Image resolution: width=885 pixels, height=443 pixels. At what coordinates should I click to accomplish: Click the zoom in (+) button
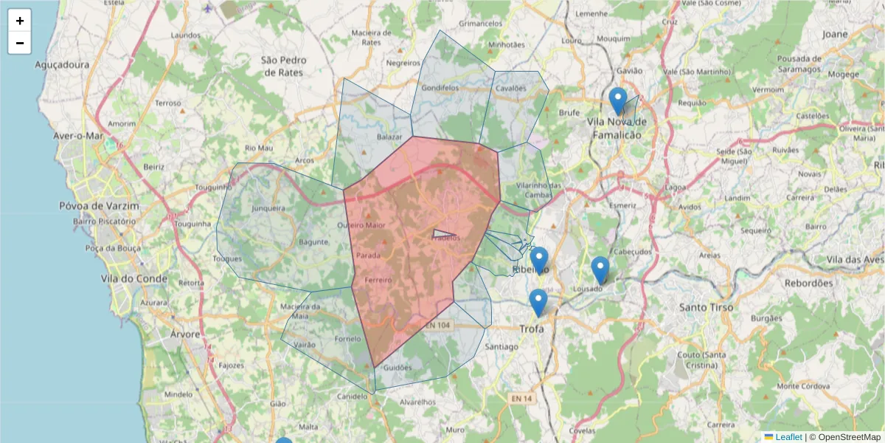20,21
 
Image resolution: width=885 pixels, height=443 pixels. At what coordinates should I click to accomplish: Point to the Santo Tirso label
706,306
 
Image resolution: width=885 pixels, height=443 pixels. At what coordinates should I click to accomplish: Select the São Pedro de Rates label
283,66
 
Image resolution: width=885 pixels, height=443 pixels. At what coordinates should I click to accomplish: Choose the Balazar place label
389,137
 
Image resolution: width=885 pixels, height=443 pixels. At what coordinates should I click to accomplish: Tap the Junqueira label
268,208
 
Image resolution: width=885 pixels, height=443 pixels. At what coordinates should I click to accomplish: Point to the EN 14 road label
521,399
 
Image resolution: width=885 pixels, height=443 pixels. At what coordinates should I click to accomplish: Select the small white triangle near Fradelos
443,234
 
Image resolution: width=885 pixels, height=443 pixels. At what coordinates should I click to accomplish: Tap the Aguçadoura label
62,65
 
